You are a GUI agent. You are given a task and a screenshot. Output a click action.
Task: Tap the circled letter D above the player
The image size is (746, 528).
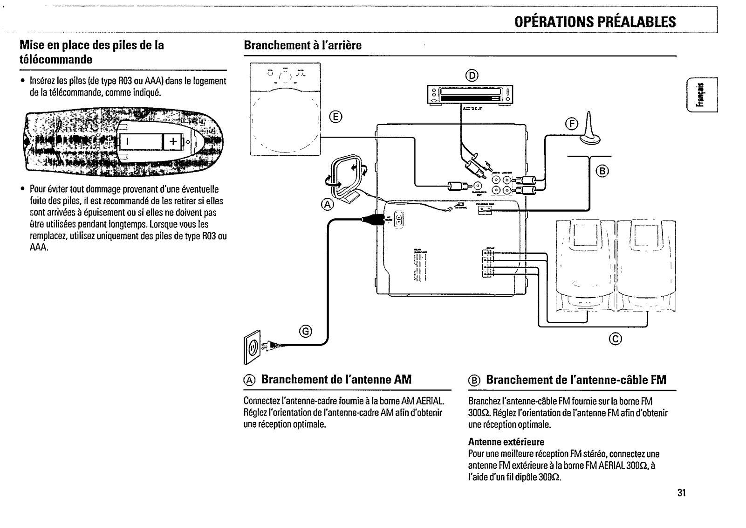pyautogui.click(x=472, y=76)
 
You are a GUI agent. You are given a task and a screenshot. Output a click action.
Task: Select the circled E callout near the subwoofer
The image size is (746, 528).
pyautogui.click(x=334, y=117)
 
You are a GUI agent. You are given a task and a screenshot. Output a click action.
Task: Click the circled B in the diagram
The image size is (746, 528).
pyautogui.click(x=602, y=171)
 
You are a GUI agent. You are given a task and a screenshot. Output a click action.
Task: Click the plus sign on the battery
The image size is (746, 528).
pyautogui.click(x=173, y=140)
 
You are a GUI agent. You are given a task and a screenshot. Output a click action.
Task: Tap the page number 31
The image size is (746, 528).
pyautogui.click(x=682, y=493)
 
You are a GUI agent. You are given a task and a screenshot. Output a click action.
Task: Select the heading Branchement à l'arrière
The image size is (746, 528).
pyautogui.click(x=302, y=46)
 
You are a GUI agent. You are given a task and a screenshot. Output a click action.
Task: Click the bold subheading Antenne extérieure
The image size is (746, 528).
pyautogui.click(x=506, y=441)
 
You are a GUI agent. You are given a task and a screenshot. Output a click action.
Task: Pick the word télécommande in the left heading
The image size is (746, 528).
pyautogui.click(x=56, y=60)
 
